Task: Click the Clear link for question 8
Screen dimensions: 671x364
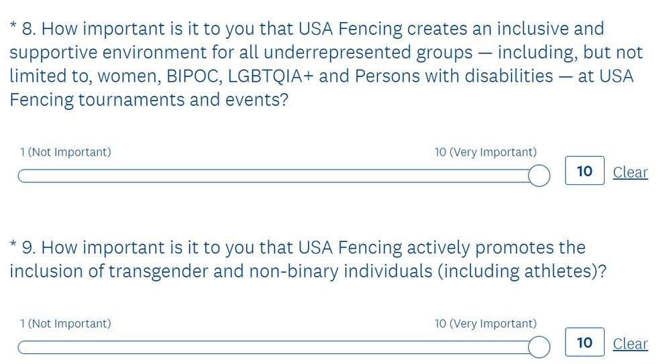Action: point(630,172)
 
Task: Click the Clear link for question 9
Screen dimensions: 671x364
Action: point(630,344)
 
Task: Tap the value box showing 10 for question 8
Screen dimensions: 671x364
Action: point(584,171)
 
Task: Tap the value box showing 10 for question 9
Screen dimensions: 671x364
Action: point(584,342)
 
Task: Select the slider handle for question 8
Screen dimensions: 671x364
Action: point(539,176)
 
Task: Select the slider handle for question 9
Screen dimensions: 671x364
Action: point(539,347)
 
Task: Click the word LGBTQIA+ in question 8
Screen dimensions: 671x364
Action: point(270,76)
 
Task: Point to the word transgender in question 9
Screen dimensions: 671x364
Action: point(158,271)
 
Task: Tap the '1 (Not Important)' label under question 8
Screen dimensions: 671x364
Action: point(66,152)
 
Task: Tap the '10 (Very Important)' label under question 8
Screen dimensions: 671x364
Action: point(486,152)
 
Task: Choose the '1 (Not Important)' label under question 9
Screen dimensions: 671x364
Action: point(66,324)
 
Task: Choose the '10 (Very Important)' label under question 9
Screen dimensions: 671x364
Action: point(486,324)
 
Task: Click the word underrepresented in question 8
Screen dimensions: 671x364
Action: point(338,52)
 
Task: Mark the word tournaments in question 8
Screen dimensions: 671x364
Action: point(132,100)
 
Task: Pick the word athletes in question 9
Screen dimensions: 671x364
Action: point(560,271)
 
